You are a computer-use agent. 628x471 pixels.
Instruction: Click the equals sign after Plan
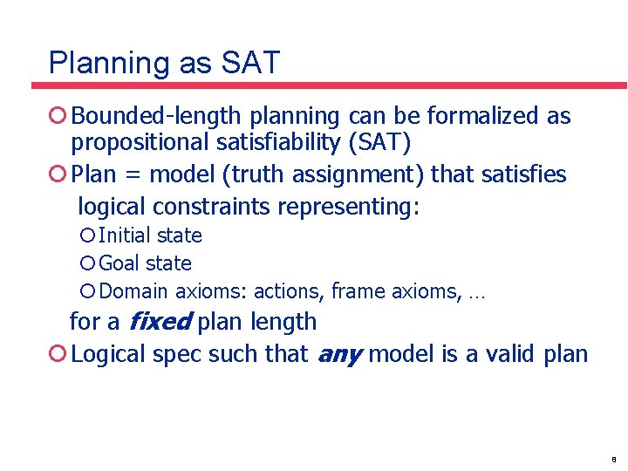[133, 174]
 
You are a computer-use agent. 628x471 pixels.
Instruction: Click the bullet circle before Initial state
[87, 235]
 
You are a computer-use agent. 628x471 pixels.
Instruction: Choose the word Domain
[135, 291]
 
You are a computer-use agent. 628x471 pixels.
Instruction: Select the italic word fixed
[160, 322]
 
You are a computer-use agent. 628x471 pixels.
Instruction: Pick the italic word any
[338, 354]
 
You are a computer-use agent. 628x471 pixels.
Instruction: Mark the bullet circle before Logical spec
[58, 354]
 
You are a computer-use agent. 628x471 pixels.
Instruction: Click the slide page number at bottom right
[614, 458]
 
